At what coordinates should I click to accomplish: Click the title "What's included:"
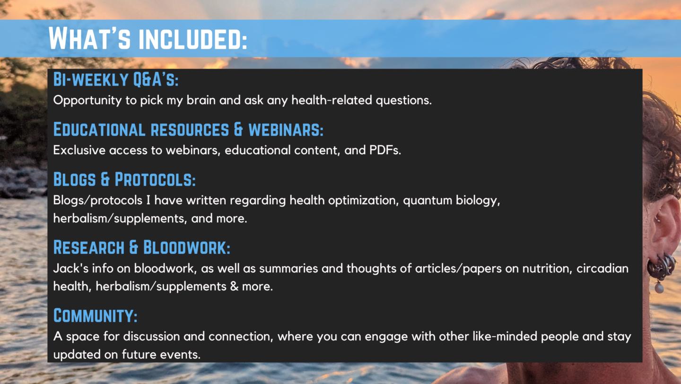[x=148, y=38]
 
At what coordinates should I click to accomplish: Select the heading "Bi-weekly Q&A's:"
[x=116, y=80]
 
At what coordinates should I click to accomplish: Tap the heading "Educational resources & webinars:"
[x=188, y=129]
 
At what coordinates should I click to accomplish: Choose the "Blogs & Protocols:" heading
[x=124, y=179]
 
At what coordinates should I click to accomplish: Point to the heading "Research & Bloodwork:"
[x=141, y=247]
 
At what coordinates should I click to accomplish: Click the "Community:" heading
[x=95, y=315]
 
